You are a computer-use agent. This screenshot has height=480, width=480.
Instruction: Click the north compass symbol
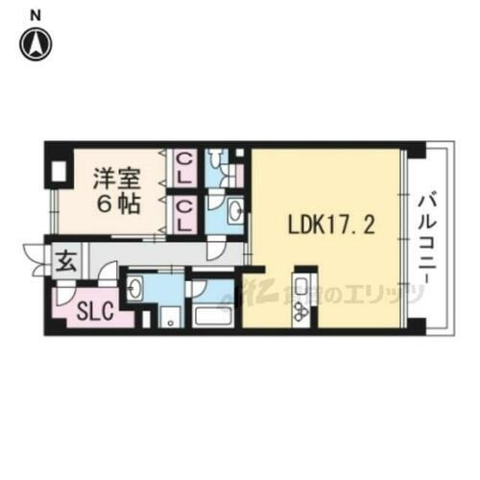coord(36,42)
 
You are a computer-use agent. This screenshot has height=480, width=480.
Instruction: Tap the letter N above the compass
coord(36,13)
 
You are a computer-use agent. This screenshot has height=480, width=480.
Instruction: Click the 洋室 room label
coord(112,177)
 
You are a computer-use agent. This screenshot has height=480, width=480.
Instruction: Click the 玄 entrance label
coord(66,259)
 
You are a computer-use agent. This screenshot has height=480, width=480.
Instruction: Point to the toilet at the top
coord(219,165)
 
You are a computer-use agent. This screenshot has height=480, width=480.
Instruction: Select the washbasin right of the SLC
coord(137,287)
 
